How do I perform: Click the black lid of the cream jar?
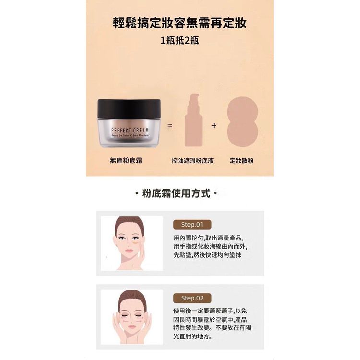coord(129,109)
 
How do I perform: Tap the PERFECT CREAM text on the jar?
coord(130,131)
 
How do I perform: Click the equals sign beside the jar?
coord(169,126)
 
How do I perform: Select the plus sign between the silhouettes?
coord(214,126)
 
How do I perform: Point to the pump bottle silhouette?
coord(193,120)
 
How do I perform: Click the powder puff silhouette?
coord(242,122)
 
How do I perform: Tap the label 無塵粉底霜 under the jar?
coord(126,160)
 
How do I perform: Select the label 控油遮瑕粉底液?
coord(192,160)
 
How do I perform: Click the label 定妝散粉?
coord(241,160)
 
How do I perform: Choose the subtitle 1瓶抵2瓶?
coord(180,41)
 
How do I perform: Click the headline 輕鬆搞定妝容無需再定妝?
coord(180,23)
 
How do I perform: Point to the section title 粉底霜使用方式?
coord(176,193)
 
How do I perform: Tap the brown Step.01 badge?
coord(192,225)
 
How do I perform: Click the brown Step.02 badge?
coord(192,298)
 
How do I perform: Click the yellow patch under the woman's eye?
coord(136,242)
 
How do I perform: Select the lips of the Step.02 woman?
coord(132,326)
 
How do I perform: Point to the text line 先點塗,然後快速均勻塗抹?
coord(207,255)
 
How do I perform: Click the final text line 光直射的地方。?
coord(193,336)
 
